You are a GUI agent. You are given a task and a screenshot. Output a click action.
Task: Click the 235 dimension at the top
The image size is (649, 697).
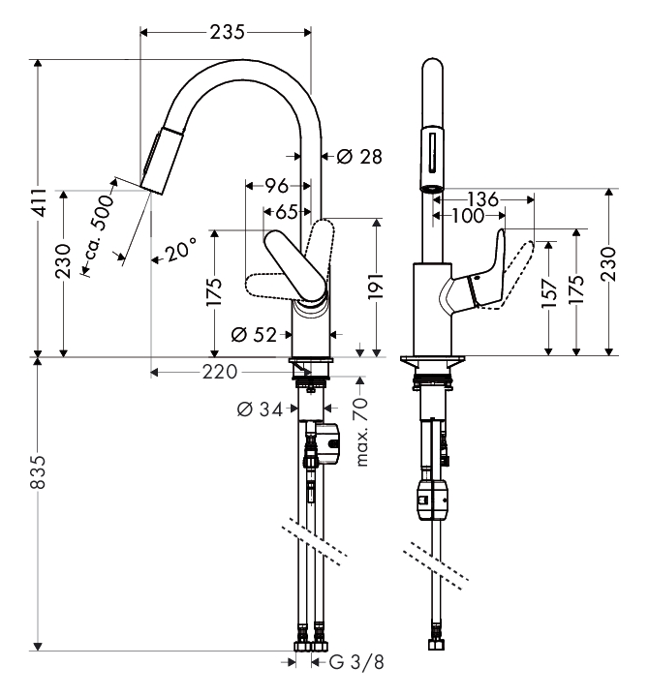[x=227, y=32]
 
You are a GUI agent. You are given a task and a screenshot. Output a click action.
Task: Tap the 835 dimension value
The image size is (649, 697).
[x=38, y=471]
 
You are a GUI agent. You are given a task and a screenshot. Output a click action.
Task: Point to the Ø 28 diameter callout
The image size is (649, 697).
[x=359, y=157]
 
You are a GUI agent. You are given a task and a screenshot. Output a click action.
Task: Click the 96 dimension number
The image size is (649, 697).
[x=276, y=186]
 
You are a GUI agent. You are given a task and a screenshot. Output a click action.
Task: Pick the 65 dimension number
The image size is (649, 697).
[x=287, y=212]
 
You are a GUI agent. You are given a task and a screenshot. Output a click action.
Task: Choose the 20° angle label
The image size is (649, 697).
[x=181, y=250]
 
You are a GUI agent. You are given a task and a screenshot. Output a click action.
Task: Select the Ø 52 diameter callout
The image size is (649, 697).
[x=254, y=334]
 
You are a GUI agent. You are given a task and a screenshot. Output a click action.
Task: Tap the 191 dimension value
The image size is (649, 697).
[x=375, y=286]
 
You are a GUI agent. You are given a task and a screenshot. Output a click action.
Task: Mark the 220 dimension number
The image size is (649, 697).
[x=220, y=372]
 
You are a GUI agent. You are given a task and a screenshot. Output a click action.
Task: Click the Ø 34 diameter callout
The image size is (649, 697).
[x=260, y=409]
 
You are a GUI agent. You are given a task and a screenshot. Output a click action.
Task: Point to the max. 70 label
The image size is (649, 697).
[x=361, y=431]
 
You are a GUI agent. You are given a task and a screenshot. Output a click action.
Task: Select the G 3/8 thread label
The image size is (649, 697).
[x=356, y=662]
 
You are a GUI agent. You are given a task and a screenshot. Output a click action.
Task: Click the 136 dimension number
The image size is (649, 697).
[x=482, y=199]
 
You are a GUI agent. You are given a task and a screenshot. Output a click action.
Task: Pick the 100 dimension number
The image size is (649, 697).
[x=468, y=216]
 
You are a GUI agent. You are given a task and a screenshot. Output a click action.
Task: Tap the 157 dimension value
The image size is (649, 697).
[x=549, y=294]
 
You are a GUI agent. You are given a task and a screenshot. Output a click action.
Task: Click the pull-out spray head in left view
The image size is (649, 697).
[x=163, y=161]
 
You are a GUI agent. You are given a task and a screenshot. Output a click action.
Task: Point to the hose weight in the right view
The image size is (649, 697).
[x=433, y=500]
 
